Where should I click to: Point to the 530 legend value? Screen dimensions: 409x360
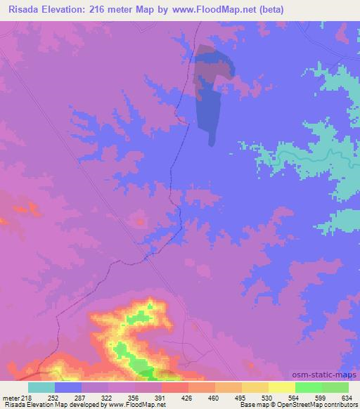tap(256, 397)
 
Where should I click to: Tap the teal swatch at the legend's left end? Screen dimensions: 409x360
tap(41, 387)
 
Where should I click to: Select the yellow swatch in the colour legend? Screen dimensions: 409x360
tap(281, 387)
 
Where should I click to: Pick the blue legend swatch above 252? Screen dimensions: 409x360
tap(68, 387)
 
